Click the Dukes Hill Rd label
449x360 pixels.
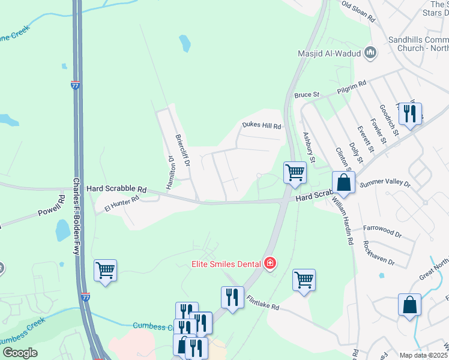pos(262,126)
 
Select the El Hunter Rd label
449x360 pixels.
pos(122,204)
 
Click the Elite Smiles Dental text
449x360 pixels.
pos(226,263)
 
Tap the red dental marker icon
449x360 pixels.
pos(270,263)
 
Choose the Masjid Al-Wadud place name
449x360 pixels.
pos(330,53)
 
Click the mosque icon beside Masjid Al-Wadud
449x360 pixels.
pos(370,53)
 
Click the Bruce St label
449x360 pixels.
pos(306,95)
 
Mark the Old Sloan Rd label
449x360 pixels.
pos(358,12)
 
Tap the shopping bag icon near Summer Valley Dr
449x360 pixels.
pos(344,182)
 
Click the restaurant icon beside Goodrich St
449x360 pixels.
pos(410,113)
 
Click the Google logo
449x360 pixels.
pos(20,353)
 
